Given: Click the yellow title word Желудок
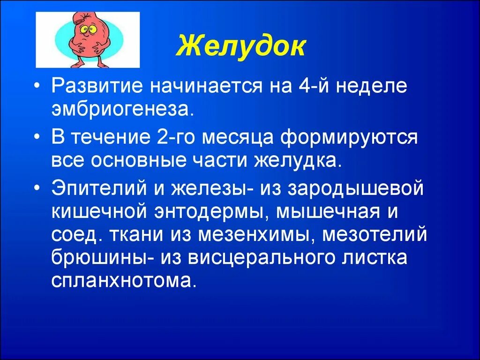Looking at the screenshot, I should pos(240,47).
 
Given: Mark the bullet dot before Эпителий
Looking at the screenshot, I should pos(41,189).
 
